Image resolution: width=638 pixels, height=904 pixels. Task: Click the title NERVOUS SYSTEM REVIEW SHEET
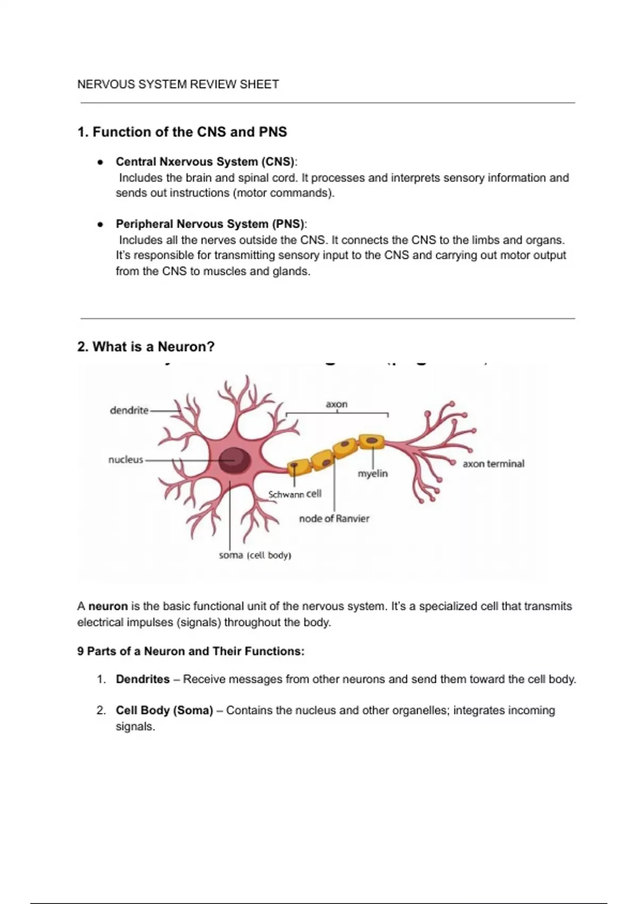point(178,85)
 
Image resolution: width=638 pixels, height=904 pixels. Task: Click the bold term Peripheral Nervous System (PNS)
point(211,224)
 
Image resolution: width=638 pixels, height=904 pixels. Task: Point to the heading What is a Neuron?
point(146,347)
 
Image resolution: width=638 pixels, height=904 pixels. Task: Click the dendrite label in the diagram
point(129,411)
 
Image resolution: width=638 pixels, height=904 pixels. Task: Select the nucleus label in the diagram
point(125,460)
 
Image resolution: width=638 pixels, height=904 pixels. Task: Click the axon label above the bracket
point(337,404)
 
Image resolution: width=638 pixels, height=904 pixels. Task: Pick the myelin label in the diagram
point(373,473)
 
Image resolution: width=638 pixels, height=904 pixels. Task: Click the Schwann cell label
point(295,494)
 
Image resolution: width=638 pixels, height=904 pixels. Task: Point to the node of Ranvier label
point(334,518)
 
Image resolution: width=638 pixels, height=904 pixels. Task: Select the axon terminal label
point(493,464)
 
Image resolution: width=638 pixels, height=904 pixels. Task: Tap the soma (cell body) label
point(255,556)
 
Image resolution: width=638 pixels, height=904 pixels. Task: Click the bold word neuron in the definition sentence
point(108,606)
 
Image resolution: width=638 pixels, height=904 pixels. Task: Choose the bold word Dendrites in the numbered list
point(142,679)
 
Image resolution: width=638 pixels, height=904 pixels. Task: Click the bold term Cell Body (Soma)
point(164,710)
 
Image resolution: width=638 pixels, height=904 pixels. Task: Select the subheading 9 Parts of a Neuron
point(190,651)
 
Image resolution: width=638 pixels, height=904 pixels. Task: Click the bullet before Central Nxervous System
point(99,162)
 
